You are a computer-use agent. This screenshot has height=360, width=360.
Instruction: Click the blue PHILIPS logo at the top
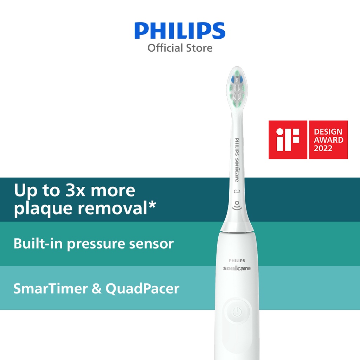pos(180,31)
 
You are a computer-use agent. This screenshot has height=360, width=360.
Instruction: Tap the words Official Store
pos(180,47)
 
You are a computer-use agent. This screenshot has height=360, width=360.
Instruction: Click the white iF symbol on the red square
pos(288,140)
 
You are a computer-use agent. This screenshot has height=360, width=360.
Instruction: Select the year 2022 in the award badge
pos(323,148)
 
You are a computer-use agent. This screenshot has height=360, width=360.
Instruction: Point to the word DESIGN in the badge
pos(328,132)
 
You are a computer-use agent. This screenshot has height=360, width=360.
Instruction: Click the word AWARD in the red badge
pos(328,140)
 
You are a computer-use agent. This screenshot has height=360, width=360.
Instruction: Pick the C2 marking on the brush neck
pos(237,192)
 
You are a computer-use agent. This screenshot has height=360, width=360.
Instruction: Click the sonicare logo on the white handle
pos(237,268)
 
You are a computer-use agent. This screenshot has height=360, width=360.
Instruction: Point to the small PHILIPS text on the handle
pos(237,261)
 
